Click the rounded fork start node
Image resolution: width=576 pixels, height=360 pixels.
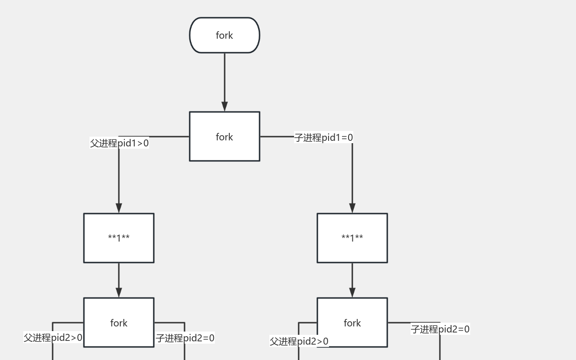[x=224, y=35]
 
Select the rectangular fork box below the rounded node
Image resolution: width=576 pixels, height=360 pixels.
[x=224, y=137]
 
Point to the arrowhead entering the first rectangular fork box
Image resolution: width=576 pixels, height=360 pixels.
[x=225, y=106]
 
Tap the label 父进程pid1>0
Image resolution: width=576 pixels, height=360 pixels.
[x=119, y=143]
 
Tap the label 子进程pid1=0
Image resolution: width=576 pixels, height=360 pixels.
[x=323, y=138]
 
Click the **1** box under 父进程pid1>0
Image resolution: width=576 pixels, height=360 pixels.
[x=119, y=238]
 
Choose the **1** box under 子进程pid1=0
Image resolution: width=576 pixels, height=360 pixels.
[x=352, y=238]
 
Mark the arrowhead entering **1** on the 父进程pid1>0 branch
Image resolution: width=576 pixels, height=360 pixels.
[x=119, y=208]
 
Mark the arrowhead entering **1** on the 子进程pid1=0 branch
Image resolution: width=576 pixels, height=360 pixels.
[x=352, y=208]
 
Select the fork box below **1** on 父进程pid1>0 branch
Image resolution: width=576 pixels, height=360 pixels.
[x=119, y=323]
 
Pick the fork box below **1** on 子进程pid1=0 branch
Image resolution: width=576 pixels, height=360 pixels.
[x=352, y=323]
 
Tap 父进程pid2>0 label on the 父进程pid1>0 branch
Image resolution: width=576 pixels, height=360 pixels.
[x=53, y=338]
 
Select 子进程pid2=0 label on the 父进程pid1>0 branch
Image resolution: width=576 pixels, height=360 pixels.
[x=185, y=338]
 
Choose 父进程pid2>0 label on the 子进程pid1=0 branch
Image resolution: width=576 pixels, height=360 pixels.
[x=299, y=341]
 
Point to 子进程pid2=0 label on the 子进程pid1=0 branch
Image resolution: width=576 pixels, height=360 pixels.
[x=440, y=329]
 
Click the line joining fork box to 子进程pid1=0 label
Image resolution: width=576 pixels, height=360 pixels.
[x=277, y=137]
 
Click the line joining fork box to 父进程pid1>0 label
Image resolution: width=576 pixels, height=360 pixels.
[x=169, y=137]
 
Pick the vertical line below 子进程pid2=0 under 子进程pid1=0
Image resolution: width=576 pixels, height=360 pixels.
[x=440, y=347]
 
